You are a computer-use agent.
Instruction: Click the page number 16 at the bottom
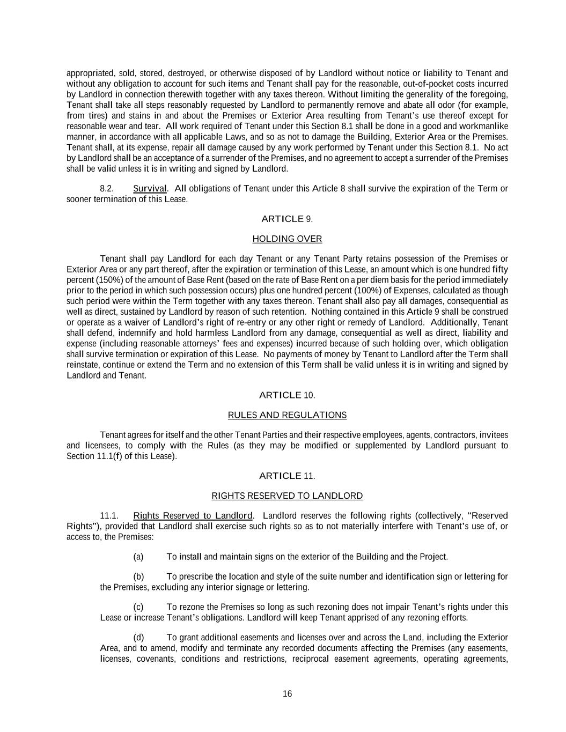[x=287, y=694]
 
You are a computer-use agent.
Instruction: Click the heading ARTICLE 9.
[x=287, y=219]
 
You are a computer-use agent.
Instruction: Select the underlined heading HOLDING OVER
[x=287, y=239]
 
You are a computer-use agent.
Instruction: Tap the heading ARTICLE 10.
[x=287, y=395]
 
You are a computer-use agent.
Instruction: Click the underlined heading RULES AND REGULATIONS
[x=287, y=415]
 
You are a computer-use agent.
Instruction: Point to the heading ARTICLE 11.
[x=287, y=476]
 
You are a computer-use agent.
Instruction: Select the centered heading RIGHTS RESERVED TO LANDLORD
[x=287, y=496]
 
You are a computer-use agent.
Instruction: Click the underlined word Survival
[x=150, y=188]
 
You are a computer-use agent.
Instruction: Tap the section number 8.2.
[x=107, y=188]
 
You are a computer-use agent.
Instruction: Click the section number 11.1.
[x=109, y=515]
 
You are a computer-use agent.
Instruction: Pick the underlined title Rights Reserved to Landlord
[x=193, y=515]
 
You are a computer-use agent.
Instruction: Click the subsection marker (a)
[x=138, y=557]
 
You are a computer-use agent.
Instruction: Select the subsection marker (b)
[x=138, y=576]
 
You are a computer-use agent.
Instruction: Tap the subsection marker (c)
[x=138, y=607]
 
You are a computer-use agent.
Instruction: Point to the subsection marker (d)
[x=138, y=637]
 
